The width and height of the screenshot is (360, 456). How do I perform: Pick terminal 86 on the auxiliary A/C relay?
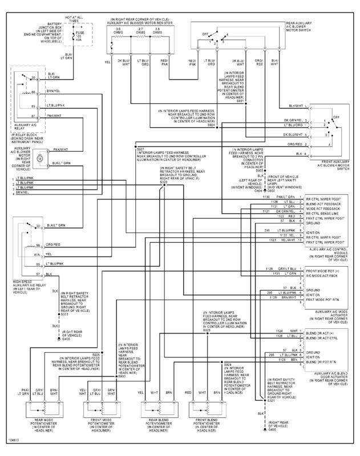coord(34,91)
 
